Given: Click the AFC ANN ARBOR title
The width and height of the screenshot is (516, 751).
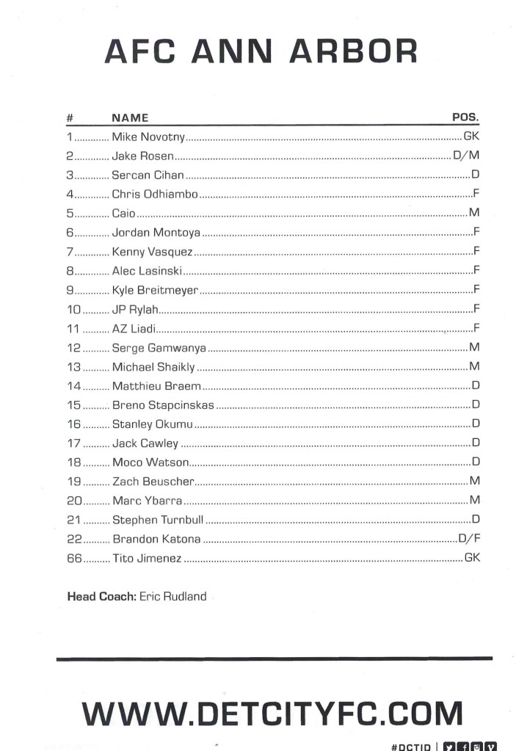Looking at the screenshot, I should [261, 51].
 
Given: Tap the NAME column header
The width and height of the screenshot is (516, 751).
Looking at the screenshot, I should [130, 117].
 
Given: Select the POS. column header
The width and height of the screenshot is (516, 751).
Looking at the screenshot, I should [465, 117].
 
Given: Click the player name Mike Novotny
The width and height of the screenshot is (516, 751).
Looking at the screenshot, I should [148, 137].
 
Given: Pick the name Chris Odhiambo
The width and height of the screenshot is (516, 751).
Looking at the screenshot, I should [154, 195].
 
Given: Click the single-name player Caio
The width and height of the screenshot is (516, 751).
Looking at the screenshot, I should [123, 214].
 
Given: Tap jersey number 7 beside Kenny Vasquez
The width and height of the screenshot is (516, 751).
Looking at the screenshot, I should [69, 252].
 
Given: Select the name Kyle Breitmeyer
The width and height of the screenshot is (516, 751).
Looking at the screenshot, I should [154, 290].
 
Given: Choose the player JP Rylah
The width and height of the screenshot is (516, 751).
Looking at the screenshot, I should [134, 309].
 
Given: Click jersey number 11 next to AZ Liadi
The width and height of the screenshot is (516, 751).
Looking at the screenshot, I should [73, 328].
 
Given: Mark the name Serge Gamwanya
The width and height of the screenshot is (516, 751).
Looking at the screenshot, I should [159, 347].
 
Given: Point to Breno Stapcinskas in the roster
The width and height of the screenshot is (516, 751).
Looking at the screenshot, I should [163, 404].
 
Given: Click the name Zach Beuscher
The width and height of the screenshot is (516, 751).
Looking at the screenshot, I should [153, 482].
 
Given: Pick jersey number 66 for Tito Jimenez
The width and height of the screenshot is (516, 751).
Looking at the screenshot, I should [73, 558].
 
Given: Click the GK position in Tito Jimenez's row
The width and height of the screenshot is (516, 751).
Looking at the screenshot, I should [472, 558].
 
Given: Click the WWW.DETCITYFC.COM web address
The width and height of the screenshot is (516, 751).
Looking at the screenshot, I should [272, 714].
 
